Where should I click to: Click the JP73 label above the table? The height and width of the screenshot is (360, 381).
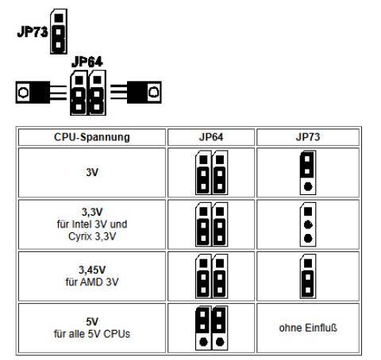point(33,33)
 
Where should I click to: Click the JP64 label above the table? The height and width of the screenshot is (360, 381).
point(87,61)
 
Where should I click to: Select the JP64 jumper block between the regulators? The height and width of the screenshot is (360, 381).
point(86,94)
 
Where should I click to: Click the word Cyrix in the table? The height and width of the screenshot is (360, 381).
point(73,236)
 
